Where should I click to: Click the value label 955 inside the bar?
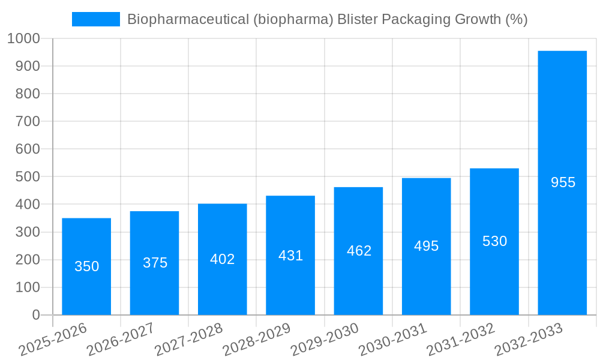coord(563,182)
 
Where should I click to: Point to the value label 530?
coord(494,241)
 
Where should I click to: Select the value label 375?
coord(155,263)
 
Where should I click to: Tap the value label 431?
coord(290,256)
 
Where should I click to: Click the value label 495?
coord(426,246)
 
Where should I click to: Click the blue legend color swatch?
coord(96,19)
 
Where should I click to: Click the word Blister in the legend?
coord(357,19)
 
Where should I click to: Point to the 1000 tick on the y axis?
coord(23,38)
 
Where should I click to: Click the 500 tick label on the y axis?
coord(28,177)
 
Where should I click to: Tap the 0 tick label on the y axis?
coord(35,315)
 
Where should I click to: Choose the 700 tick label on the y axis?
coord(28,122)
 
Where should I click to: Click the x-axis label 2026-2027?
coord(121,340)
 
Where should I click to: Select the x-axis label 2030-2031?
coord(392,340)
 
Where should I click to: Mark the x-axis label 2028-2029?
coord(257,340)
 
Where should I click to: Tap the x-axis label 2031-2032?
coord(460,340)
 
